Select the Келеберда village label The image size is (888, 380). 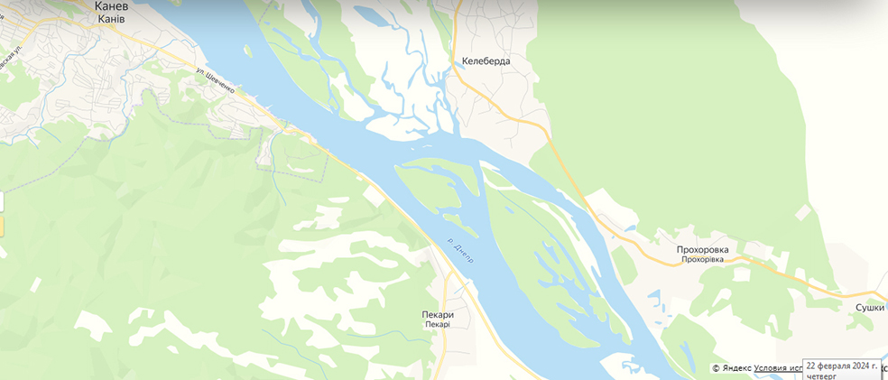[x=486, y=61]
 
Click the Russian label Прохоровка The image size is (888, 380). [x=702, y=249]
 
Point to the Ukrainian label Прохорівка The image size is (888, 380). [x=702, y=260]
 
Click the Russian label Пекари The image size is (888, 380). [x=437, y=314]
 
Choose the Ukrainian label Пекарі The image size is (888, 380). [x=437, y=324]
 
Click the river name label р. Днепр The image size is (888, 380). [x=460, y=251]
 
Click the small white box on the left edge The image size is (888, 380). [x=1, y=202]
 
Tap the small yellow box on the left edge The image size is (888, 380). [x=1, y=226]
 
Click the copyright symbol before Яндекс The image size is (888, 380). [x=716, y=368]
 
